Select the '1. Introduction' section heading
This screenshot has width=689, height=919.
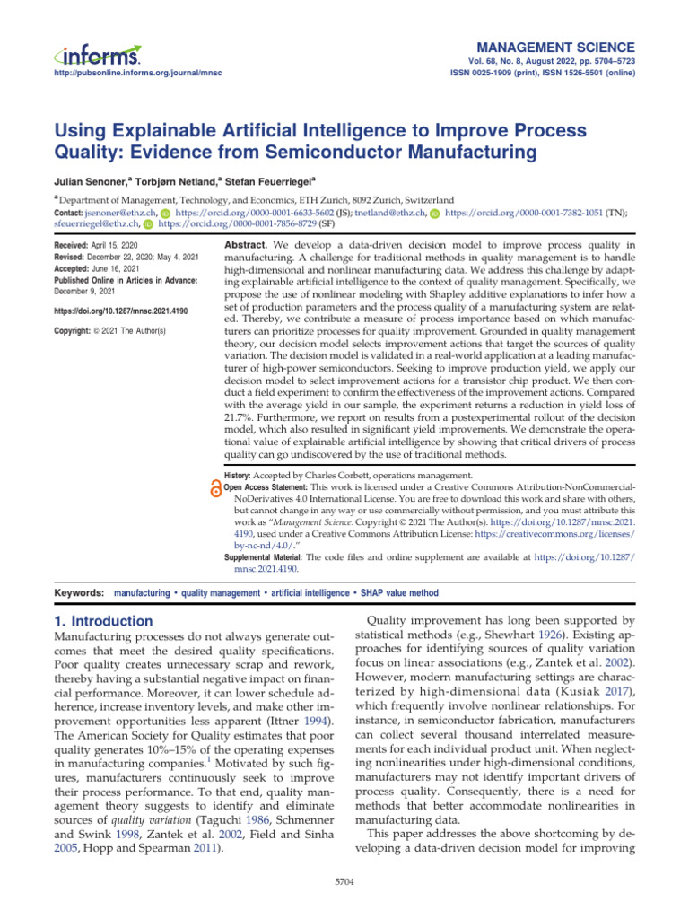pos(99,621)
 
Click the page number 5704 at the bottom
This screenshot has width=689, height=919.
pos(344,883)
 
